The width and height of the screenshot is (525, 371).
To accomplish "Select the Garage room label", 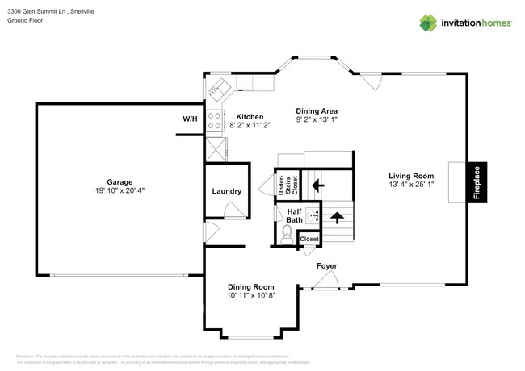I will click(x=120, y=182).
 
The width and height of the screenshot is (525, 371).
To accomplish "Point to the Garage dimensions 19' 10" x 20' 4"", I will click(x=120, y=191).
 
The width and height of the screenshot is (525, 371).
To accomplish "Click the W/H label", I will click(x=190, y=119).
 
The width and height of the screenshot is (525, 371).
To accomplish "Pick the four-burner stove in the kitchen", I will click(x=215, y=121).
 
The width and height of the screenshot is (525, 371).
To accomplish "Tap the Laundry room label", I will click(x=227, y=191).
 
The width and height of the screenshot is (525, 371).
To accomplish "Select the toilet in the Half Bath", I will click(x=286, y=235).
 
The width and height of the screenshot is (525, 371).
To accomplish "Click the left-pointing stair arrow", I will click(x=318, y=185).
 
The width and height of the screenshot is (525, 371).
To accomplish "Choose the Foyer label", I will click(x=327, y=265).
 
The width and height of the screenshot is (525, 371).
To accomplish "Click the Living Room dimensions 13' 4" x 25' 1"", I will click(x=411, y=185).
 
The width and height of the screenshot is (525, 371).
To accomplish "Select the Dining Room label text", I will click(x=250, y=287).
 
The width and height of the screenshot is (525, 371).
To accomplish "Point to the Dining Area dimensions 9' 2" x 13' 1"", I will click(x=316, y=120).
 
